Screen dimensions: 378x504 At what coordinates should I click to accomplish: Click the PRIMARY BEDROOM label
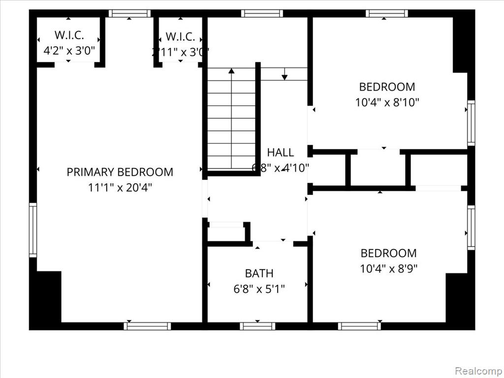(120, 172)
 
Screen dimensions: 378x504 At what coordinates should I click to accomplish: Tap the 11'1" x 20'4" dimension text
(120, 188)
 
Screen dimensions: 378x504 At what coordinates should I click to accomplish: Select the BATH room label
(259, 273)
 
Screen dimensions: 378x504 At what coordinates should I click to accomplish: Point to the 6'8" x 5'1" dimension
(259, 288)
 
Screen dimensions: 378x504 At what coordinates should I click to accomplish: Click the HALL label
(280, 153)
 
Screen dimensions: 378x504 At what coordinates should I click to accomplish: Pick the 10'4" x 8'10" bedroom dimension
(387, 102)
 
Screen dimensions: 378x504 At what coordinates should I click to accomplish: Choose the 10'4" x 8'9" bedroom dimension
(388, 269)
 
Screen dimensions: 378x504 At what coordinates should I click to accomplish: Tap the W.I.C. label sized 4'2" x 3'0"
(69, 35)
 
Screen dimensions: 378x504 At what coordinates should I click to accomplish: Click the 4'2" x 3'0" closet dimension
(69, 50)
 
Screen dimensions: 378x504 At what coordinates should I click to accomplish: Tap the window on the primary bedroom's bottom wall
(147, 326)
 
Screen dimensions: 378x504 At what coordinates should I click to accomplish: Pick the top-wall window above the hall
(262, 13)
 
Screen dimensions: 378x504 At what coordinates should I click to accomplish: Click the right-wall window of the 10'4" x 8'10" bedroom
(471, 123)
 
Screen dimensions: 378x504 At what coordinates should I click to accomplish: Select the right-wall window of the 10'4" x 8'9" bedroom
(471, 228)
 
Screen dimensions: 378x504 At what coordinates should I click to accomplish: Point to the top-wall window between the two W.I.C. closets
(129, 13)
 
